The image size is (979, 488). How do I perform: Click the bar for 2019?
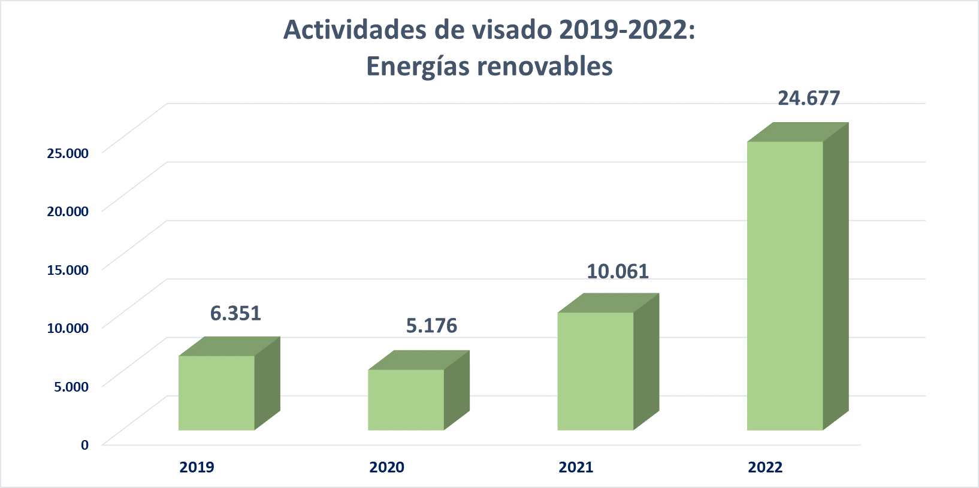tap(217, 393)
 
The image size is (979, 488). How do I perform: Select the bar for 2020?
tap(406, 399)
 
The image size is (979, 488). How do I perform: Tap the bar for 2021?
tap(596, 371)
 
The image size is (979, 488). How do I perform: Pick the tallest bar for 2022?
tap(785, 286)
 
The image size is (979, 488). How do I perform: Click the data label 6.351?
tap(235, 313)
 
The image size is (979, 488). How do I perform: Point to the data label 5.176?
tap(431, 326)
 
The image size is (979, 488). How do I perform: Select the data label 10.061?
tap(617, 271)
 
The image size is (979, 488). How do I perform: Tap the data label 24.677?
tap(809, 98)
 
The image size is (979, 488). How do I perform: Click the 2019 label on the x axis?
tap(197, 467)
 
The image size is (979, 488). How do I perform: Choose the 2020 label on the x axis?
tap(386, 467)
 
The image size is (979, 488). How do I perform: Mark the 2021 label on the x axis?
tap(576, 467)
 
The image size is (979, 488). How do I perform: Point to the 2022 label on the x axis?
tap(765, 467)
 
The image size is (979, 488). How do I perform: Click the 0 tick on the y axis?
tap(84, 445)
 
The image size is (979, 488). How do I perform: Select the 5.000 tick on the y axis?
tap(71, 386)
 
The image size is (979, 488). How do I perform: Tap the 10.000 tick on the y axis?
tap(68, 328)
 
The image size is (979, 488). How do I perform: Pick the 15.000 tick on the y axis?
tap(68, 269)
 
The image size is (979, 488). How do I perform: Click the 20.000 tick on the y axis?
tap(68, 211)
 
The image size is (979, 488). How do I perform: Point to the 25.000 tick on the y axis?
tap(68, 153)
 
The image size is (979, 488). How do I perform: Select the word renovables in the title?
tap(545, 66)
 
